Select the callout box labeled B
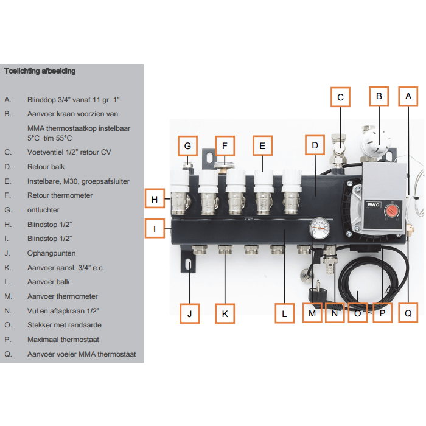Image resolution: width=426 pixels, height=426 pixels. point(379,96)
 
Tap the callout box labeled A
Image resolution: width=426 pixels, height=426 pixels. point(408,96)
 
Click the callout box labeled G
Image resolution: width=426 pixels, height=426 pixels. point(187,146)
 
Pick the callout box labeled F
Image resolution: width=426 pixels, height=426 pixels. point(225,146)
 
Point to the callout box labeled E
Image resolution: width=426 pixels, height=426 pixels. point(262,146)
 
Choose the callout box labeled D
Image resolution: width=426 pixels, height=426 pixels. point(315,146)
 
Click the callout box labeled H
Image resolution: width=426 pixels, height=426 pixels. point(155,199)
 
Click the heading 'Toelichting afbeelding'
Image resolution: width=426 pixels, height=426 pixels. point(40,71)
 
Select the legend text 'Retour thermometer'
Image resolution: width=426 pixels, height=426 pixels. point(60,195)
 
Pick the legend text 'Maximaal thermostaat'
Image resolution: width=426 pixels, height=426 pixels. point(63,340)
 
